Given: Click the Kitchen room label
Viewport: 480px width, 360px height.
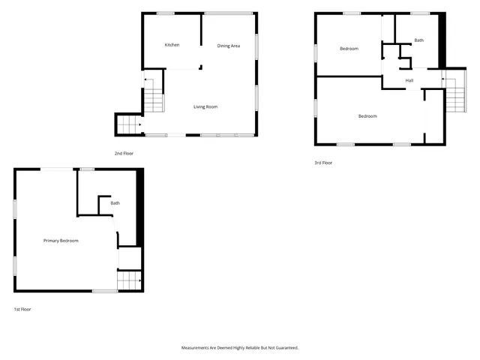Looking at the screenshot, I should [172, 45].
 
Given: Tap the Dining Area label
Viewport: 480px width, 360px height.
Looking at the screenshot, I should [229, 46].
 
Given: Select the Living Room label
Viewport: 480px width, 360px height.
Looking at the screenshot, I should [205, 106].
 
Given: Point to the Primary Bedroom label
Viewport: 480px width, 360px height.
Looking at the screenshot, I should [61, 240].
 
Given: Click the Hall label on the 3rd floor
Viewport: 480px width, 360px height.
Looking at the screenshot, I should [409, 80].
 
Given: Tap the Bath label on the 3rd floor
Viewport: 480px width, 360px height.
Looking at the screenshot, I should [418, 40].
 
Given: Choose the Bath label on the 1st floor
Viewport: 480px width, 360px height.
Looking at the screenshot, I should [115, 203].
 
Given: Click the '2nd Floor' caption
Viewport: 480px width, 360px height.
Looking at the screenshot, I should [124, 153].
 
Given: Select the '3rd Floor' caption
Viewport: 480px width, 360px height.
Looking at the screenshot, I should [323, 163].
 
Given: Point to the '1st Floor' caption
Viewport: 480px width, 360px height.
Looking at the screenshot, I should [22, 309].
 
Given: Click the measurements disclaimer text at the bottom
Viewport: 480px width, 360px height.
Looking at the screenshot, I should [240, 348].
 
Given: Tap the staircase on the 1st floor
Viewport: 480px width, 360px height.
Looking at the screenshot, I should [129, 280].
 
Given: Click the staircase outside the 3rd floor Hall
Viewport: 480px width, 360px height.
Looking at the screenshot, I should [454, 96].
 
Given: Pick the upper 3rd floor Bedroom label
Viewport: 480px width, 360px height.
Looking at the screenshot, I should [349, 49].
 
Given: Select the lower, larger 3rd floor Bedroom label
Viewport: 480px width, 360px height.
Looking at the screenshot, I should [367, 115].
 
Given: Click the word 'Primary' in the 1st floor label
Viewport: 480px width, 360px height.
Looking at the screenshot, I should [51, 240].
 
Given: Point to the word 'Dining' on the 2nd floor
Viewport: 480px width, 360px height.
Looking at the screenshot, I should [223, 46].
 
